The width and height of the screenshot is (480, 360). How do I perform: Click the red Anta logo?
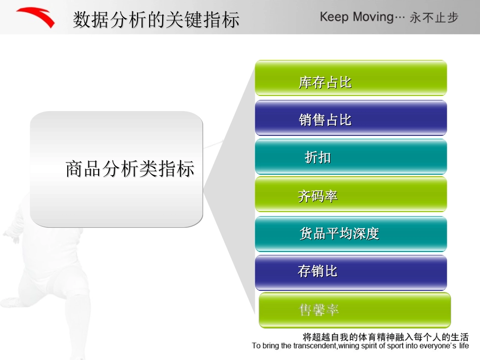[x=35, y=18]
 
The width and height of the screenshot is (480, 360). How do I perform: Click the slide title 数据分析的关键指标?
[x=156, y=20]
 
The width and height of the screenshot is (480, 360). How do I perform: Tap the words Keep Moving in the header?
[x=356, y=17]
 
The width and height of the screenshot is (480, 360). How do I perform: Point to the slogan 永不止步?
[x=434, y=18]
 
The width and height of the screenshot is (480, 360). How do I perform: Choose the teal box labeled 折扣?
[x=351, y=157]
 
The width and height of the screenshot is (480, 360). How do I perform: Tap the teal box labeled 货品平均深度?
[x=351, y=233]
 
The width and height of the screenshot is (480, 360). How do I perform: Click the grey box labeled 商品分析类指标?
[x=117, y=169]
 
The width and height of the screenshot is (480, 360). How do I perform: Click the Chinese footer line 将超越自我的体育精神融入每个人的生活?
[x=386, y=337]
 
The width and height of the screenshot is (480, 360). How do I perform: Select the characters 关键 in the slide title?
[x=184, y=20]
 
